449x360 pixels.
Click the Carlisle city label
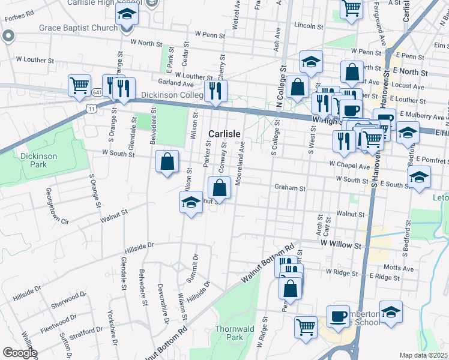[x=224, y=133]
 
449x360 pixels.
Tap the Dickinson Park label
[x=34, y=160]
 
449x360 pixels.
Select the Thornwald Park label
[x=230, y=333]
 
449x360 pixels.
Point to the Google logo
[x=19, y=353]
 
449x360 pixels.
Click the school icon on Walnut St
[x=191, y=202]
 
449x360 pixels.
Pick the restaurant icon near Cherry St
[x=214, y=90]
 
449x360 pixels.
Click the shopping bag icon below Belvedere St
[x=167, y=160]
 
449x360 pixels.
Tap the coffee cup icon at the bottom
[x=338, y=316]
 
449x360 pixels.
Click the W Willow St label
[x=342, y=245]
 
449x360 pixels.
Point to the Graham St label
[x=291, y=188]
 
